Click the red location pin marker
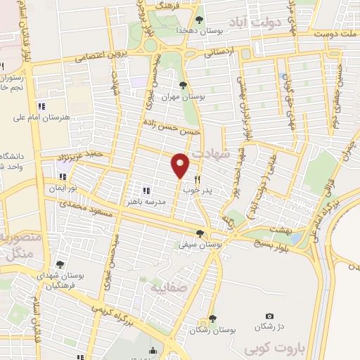[180, 165]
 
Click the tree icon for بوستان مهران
[184, 85]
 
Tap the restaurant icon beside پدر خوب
[198, 179]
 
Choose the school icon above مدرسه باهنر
[146, 191]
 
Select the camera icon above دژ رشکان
[269, 316]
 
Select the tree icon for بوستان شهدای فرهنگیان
[59, 264]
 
